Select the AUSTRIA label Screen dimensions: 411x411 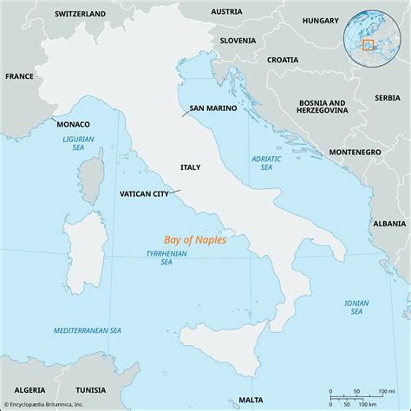(x=227, y=11)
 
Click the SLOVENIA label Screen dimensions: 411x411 (x=237, y=40)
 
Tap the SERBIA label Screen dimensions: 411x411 (x=388, y=97)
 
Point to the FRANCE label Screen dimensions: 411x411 (x=18, y=76)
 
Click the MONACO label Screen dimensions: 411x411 (x=73, y=125)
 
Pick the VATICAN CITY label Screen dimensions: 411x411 (x=143, y=193)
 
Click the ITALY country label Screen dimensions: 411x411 (x=191, y=166)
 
